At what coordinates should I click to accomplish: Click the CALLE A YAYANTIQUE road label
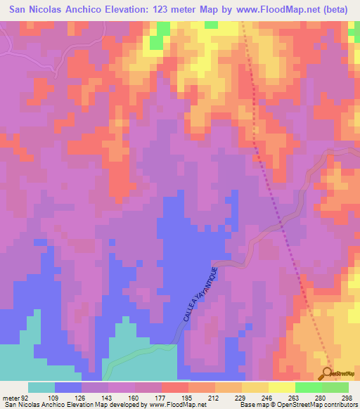[x=202, y=293]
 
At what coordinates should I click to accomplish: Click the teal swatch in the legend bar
[x=41, y=387]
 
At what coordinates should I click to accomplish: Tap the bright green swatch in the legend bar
[x=309, y=387]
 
